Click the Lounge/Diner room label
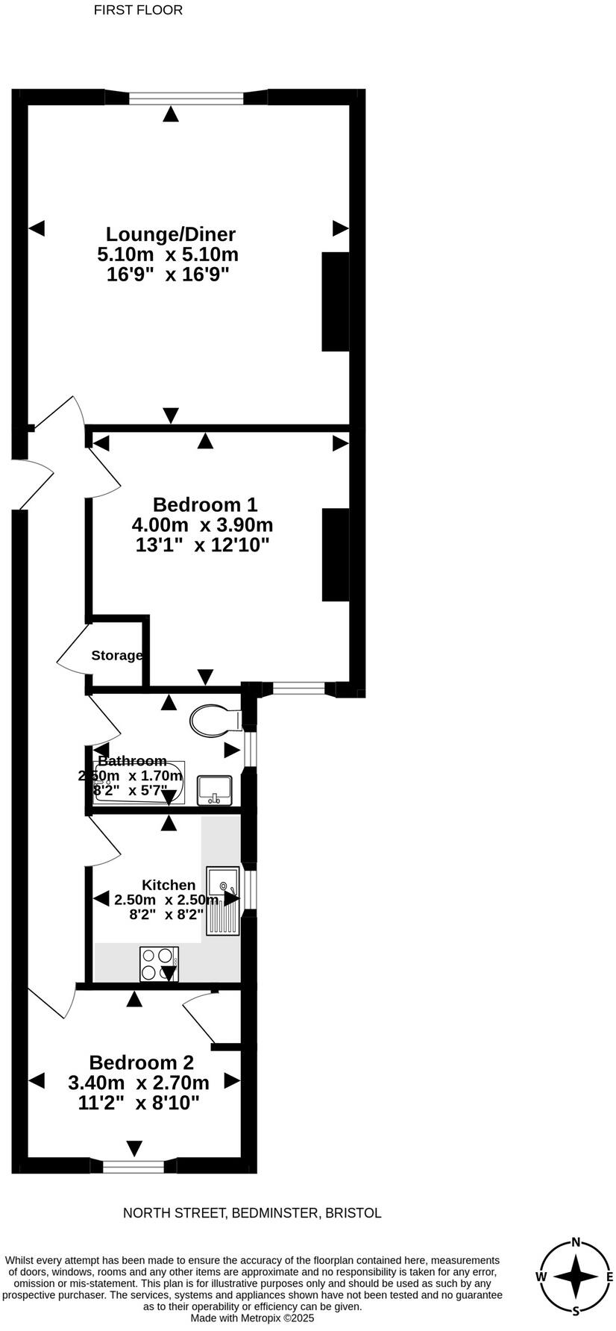(x=171, y=234)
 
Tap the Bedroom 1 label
(x=195, y=504)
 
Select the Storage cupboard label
(x=116, y=656)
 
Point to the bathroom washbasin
(x=215, y=789)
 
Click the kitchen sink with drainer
(x=223, y=901)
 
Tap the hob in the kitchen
(x=159, y=963)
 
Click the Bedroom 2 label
(x=141, y=1062)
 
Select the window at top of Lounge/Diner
(x=186, y=97)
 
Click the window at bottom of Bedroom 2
(x=133, y=1165)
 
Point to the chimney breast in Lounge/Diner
(x=336, y=301)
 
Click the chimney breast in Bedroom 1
(x=336, y=554)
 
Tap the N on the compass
(x=576, y=1242)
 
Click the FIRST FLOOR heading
(x=138, y=10)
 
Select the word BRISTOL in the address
(x=353, y=1213)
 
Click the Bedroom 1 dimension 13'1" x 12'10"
(x=202, y=545)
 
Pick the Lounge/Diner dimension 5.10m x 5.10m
(x=168, y=254)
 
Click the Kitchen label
(x=169, y=885)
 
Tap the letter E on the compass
(x=609, y=1277)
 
